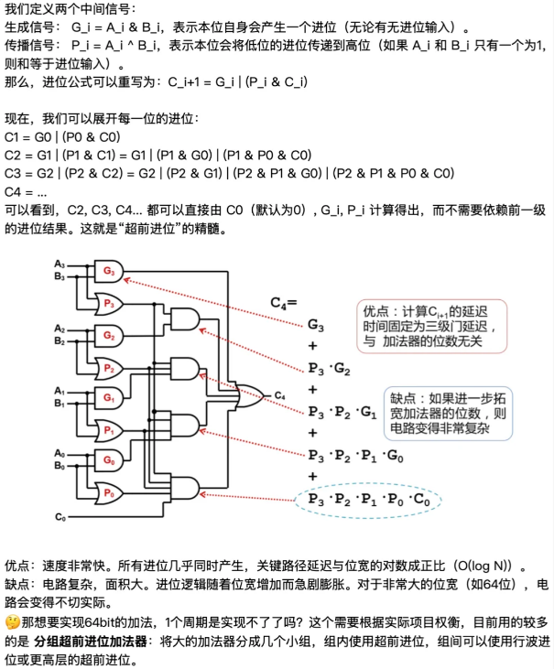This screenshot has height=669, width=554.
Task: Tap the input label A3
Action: [60, 264]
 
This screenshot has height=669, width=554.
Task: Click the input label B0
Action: [60, 466]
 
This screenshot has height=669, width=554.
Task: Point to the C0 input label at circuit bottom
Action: [60, 518]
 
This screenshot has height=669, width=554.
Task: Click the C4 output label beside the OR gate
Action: [280, 395]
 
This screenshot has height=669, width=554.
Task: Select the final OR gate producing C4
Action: [247, 395]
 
